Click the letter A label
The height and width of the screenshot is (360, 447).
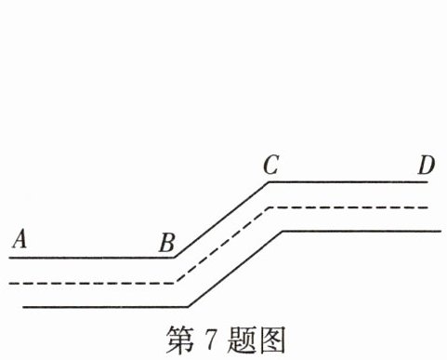[x=20, y=238]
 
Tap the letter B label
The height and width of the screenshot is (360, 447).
[x=167, y=242]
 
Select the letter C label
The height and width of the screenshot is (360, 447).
[x=271, y=165]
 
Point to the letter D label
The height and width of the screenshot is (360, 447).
[x=427, y=165]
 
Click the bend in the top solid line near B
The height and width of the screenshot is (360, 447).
[x=174, y=258]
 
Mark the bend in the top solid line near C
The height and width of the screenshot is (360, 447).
[x=269, y=182]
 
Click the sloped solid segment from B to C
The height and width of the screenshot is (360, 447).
[x=221, y=220]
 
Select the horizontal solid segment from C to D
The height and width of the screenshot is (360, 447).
[x=348, y=182]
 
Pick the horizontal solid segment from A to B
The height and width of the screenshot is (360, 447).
[x=91, y=258]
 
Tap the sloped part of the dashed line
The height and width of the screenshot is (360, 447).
[x=222, y=245]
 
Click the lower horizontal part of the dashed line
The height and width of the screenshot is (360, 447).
[x=92, y=283]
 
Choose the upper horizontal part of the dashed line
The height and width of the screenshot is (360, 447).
[x=348, y=207]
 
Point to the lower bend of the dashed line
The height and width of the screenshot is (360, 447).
[x=176, y=283]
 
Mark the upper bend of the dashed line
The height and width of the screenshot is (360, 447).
[x=270, y=207]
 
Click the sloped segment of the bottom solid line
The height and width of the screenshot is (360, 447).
[x=235, y=269]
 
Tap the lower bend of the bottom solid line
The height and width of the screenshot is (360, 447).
[x=188, y=307]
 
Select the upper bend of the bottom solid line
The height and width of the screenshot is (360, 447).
[x=283, y=231]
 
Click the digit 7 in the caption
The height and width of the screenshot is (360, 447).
[x=209, y=340]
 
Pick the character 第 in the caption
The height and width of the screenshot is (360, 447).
[x=180, y=340]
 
